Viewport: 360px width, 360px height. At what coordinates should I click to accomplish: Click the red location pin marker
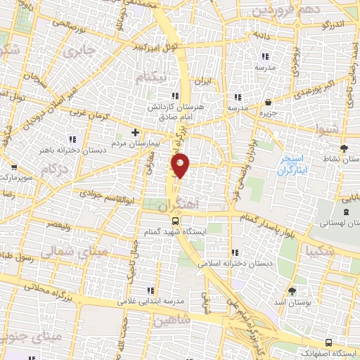click(181, 165)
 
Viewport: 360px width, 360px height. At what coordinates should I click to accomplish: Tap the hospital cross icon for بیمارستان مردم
click(136, 132)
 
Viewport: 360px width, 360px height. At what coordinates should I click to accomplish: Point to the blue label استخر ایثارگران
click(295, 164)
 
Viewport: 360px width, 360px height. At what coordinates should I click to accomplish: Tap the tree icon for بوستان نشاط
click(344, 148)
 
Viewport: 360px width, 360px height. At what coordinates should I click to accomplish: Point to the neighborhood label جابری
click(77, 52)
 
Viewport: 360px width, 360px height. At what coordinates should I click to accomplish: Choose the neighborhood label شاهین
click(171, 320)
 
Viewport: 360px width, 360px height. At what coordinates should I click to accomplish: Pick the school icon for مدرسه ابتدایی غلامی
click(149, 290)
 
